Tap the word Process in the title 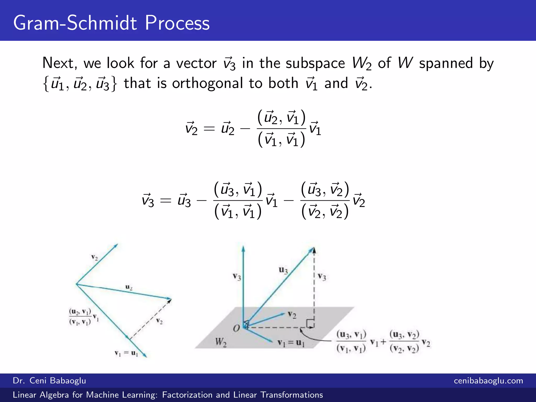pos(177,23)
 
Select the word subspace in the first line pos(315,64)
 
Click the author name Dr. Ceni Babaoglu pos(49,381)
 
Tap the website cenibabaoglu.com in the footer pos(488,381)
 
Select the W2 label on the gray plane pos(221,342)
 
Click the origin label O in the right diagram pos(236,328)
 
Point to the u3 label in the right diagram pos(283,270)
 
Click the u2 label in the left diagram pos(129,287)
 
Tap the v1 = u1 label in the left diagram pos(126,353)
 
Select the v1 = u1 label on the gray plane pos(291,343)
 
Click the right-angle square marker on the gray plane pos(310,323)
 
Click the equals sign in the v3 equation pos(165,201)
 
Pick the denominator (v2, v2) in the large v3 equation pos(325,211)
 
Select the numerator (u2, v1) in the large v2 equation pos(281,118)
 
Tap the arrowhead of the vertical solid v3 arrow pos(243,249)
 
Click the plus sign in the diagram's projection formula pos(383,342)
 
